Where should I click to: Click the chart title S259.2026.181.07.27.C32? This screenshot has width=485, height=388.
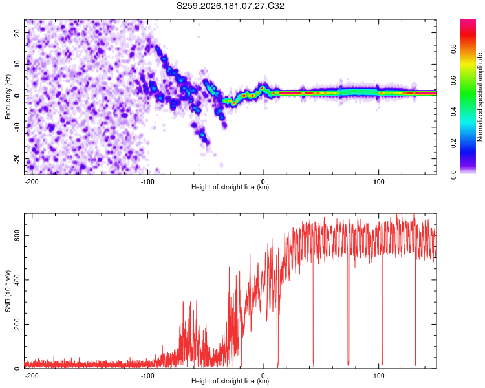point(230,6)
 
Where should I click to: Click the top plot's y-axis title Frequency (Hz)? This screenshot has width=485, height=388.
point(8,97)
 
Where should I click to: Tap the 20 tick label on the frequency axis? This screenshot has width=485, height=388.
point(17,32)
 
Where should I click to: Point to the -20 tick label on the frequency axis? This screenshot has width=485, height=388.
point(17,159)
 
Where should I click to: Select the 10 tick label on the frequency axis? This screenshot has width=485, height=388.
point(17,64)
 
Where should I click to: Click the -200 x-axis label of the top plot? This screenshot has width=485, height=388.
point(32,182)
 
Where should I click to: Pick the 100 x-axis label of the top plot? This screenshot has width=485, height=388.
point(378,182)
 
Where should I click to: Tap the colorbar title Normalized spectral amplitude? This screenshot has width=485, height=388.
point(480,97)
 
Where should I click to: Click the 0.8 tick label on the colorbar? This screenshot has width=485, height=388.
point(453,49)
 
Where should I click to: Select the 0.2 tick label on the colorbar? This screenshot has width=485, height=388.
point(453,144)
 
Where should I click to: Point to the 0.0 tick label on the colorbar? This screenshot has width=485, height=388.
point(453,175)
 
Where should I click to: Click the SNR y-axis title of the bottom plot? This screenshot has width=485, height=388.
point(8,291)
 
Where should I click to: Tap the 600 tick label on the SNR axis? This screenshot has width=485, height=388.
point(17,236)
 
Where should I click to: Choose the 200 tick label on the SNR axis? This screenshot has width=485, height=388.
point(17,324)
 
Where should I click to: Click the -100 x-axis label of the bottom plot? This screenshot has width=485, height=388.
point(147,376)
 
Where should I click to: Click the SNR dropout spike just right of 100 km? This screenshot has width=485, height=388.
point(383,309)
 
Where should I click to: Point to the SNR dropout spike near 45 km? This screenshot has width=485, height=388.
point(314,309)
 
